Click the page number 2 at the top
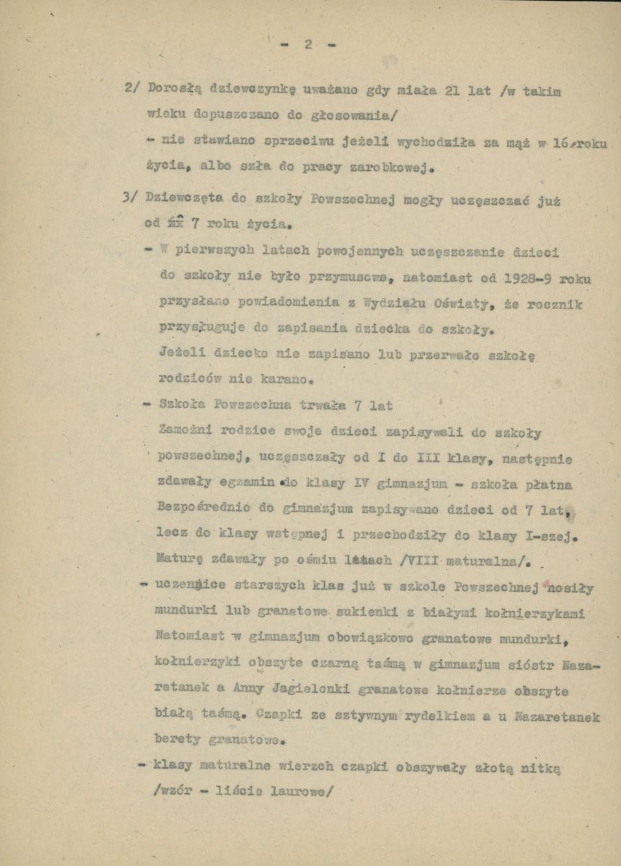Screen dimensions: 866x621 [x=308, y=44]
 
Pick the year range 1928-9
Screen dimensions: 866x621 [x=529, y=279]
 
